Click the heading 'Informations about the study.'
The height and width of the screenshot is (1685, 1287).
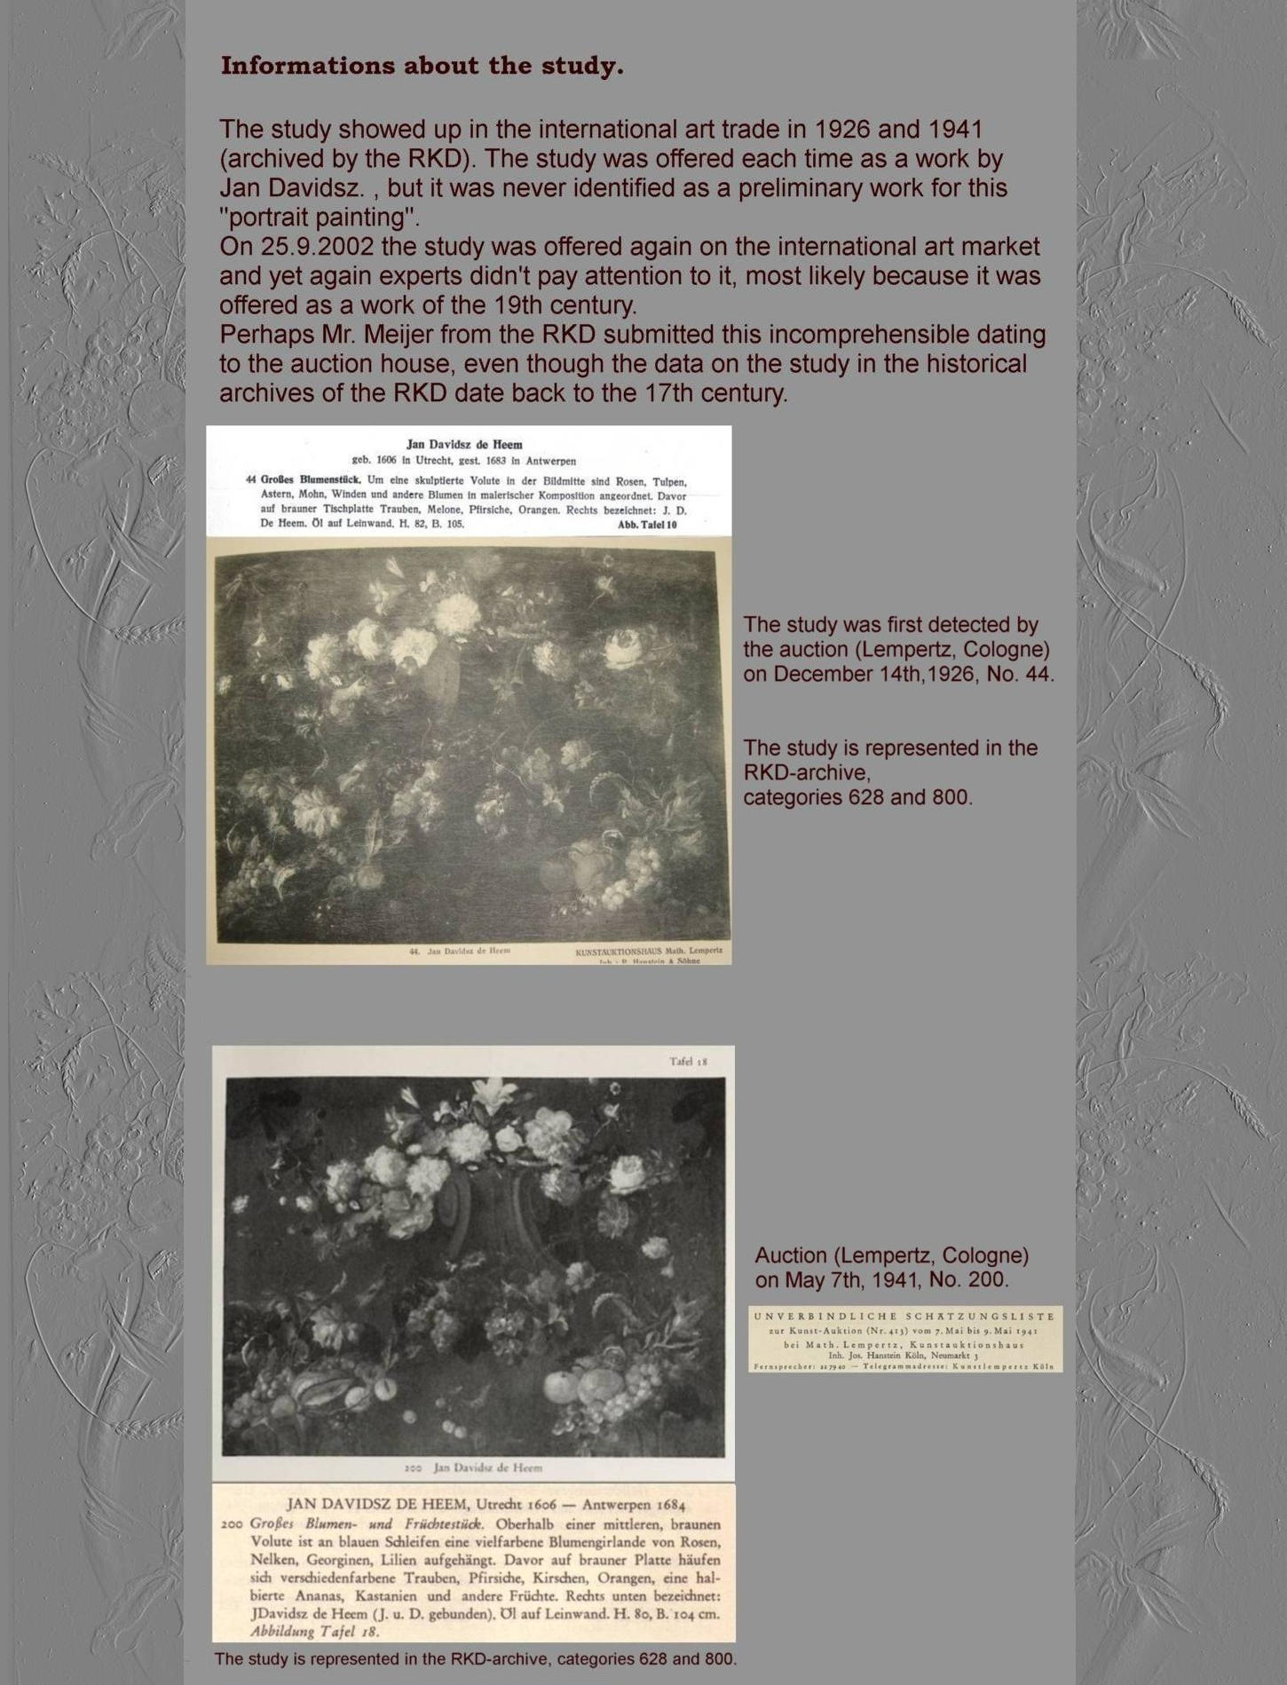point(422,66)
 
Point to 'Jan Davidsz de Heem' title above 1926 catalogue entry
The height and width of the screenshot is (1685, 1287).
point(464,444)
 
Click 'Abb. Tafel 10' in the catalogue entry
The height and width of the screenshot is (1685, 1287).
point(647,525)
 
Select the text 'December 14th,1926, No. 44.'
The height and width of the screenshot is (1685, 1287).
point(898,674)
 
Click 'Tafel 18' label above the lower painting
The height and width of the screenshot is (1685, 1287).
point(688,1061)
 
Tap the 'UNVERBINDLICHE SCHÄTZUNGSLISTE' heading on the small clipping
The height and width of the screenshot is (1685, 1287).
point(904,1316)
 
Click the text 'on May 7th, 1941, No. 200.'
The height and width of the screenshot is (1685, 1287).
point(881,1280)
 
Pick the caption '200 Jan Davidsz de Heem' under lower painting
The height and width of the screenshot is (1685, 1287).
point(473,1467)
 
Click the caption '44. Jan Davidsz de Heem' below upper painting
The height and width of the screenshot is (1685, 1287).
point(460,951)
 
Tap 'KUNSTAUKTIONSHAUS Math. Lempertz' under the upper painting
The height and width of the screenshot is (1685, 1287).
point(648,952)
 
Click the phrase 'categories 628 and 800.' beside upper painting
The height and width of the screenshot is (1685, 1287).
point(857,797)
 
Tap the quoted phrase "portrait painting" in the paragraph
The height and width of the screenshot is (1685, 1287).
point(319,218)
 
